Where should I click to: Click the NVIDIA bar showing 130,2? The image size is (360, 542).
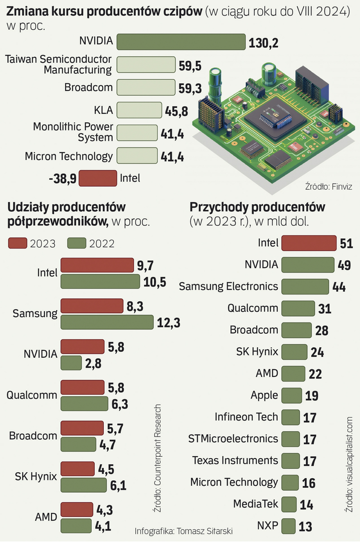pyautogui.click(x=181, y=42)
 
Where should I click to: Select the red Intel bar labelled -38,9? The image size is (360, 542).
pyautogui.click(x=98, y=178)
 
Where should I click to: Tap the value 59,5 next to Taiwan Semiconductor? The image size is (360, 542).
pyautogui.click(x=190, y=65)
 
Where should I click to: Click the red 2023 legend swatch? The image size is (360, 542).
pyautogui.click(x=18, y=243)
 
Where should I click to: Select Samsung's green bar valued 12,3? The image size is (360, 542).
pyautogui.click(x=107, y=323)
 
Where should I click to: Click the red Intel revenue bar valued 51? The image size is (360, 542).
pyautogui.click(x=308, y=243)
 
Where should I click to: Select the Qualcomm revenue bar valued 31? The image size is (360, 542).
pyautogui.click(x=297, y=308)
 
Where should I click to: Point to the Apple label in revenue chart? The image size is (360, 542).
pyautogui.click(x=264, y=395)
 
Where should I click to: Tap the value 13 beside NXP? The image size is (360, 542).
pyautogui.click(x=305, y=526)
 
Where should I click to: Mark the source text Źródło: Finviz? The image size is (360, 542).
pyautogui.click(x=328, y=187)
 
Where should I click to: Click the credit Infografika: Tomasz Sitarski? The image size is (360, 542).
pyautogui.click(x=184, y=531)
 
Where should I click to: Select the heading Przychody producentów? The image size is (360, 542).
pyautogui.click(x=257, y=207)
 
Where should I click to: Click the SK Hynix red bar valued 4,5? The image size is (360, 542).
pyautogui.click(x=77, y=469)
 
